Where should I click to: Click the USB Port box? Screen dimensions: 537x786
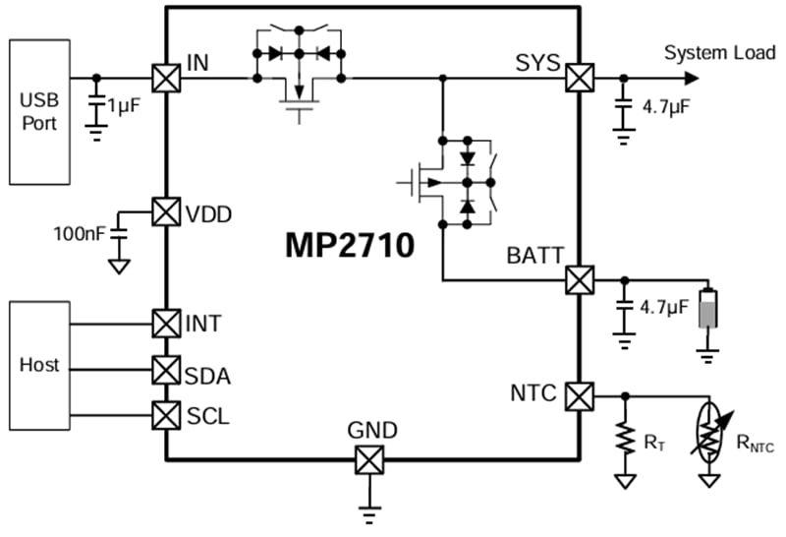click(x=39, y=112)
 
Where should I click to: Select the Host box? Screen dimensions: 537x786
click(x=39, y=365)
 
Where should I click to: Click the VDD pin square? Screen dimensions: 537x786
click(x=166, y=211)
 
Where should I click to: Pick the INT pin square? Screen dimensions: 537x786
click(x=166, y=323)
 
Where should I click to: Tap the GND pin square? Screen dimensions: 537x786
click(x=368, y=459)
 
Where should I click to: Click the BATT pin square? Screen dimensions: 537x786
click(x=580, y=280)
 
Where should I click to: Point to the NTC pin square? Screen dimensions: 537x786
click(x=580, y=396)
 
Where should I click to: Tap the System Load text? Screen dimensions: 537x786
click(x=719, y=52)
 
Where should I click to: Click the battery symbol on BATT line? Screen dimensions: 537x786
click(x=706, y=310)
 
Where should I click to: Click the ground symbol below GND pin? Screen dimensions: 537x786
click(x=368, y=512)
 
